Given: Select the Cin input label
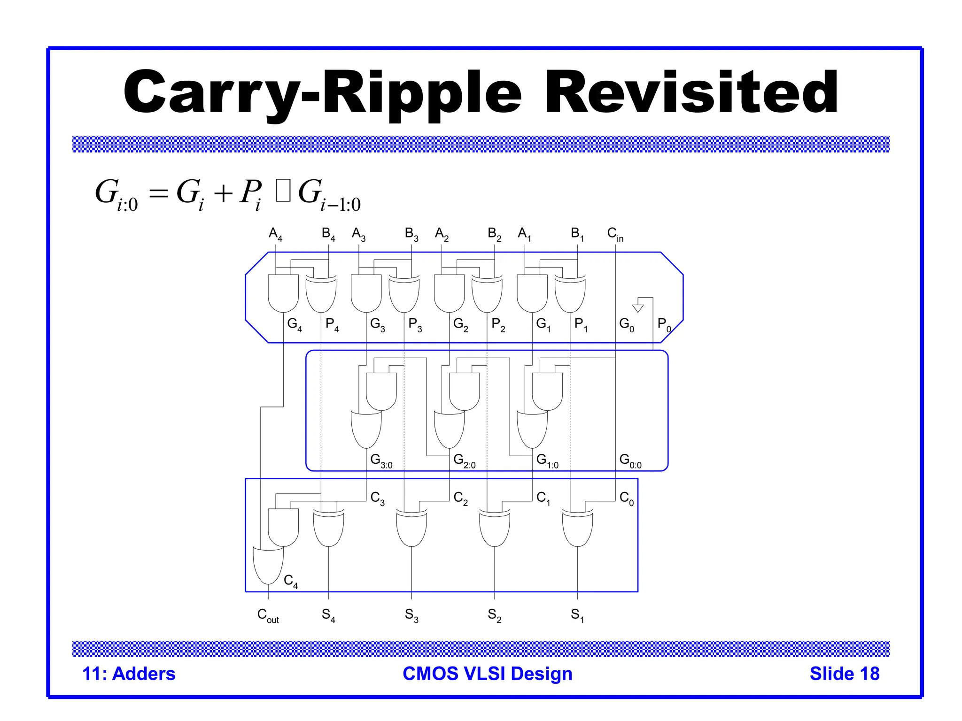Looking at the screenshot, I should coord(615,234).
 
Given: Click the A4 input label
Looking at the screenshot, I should coord(275,234).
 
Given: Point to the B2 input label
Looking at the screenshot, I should coord(494,234).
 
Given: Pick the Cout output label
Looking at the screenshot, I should coord(268,615).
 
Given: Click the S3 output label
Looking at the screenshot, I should coord(411,615).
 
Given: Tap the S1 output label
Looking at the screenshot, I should coord(577,615).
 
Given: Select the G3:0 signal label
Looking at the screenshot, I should coord(381,460).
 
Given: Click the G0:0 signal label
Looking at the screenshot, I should coord(630,460).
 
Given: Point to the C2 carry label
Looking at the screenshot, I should coord(460,498).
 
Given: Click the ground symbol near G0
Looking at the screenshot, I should coord(638,308).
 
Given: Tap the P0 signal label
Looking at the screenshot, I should coord(664,324).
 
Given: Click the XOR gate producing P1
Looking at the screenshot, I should coord(570,295).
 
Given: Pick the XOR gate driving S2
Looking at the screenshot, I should coord(494,529).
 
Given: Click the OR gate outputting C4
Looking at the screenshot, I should coord(268,565).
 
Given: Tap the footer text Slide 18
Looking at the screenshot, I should coord(844,674).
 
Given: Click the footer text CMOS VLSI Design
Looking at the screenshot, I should coord(487,674).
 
